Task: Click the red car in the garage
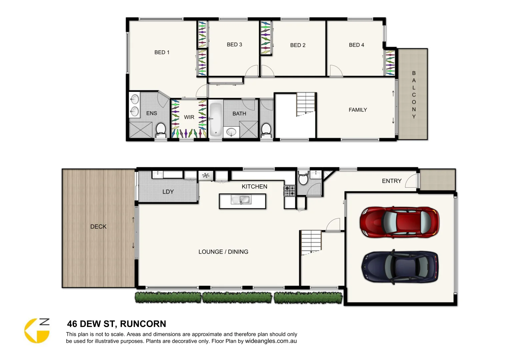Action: click(x=399, y=222)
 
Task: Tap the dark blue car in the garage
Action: click(x=400, y=267)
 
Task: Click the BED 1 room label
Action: click(x=162, y=52)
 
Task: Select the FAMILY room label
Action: click(x=358, y=110)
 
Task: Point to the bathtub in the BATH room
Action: click(x=215, y=119)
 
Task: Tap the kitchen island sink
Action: click(x=241, y=200)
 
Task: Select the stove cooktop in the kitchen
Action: click(x=289, y=191)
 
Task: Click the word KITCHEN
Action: click(x=254, y=187)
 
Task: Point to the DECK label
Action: click(x=98, y=227)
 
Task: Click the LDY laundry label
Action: click(x=168, y=192)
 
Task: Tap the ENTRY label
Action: click(x=392, y=181)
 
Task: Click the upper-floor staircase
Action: click(x=306, y=104)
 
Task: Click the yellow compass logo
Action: click(x=37, y=331)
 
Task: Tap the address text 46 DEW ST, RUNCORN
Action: click(x=116, y=324)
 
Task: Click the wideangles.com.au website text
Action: click(x=271, y=341)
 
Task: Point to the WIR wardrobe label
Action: click(x=189, y=117)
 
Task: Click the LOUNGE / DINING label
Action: click(x=223, y=252)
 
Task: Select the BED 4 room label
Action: click(x=356, y=45)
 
